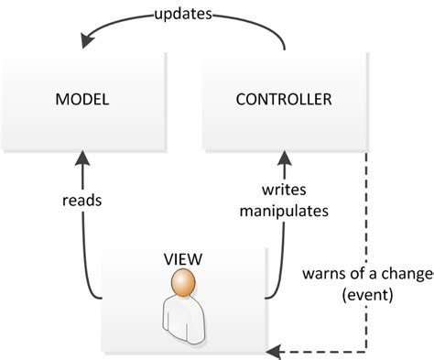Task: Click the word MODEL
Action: tap(83, 97)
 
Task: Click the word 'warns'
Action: tap(324, 275)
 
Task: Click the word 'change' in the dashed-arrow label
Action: tap(406, 275)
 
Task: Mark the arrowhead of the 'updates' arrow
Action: tap(85, 39)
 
